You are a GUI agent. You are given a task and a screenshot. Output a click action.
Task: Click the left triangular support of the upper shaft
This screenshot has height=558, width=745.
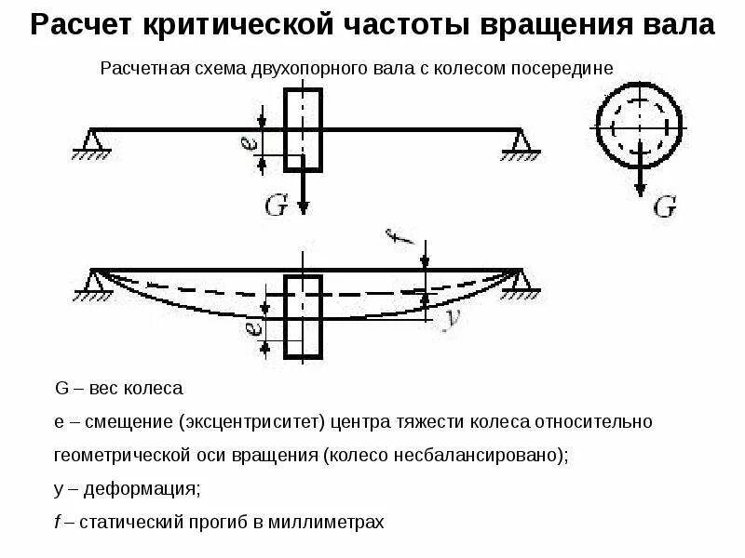click(x=90, y=142)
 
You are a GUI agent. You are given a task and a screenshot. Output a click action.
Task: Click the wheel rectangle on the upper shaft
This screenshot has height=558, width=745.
click(x=303, y=129)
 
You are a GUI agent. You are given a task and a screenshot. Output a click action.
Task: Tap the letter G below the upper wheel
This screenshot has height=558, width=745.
click(x=277, y=206)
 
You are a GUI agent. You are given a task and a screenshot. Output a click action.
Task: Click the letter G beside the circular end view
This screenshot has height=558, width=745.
click(x=663, y=206)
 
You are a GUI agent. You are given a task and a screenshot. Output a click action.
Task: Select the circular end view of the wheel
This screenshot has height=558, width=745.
click(x=640, y=122)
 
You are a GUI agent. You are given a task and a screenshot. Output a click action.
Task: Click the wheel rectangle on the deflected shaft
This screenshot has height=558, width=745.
click(x=303, y=316)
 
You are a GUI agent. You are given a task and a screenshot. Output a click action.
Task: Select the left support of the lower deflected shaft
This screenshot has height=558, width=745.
click(x=93, y=282)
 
